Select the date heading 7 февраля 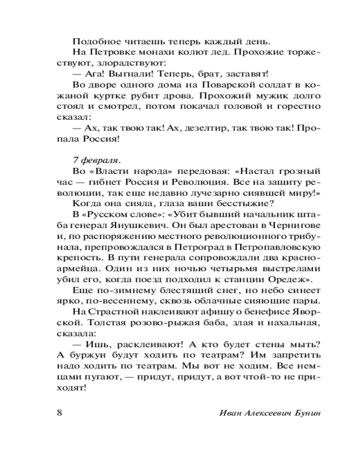click(x=96, y=159)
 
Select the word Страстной click(x=105, y=311)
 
